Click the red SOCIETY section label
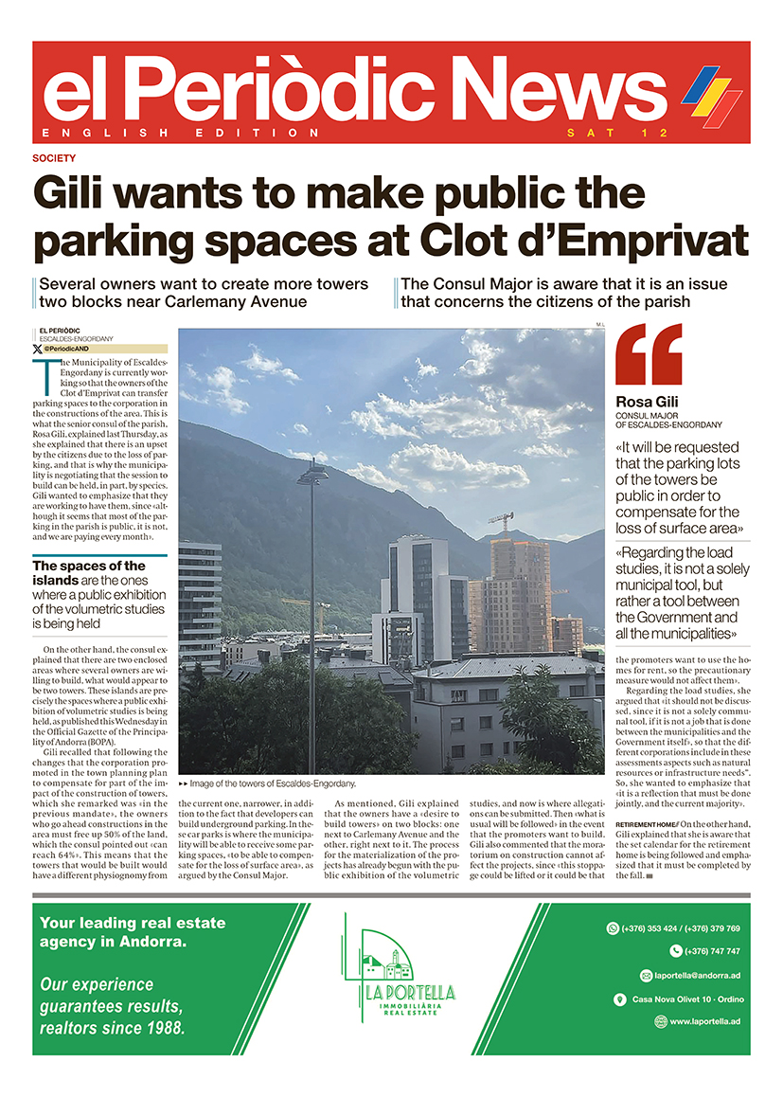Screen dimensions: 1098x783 53,158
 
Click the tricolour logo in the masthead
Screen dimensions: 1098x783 711,95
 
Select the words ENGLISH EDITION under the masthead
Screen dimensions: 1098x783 181,133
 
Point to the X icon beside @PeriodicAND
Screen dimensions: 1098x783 38,349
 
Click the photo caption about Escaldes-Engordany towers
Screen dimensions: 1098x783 274,783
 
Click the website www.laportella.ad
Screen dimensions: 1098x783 704,1021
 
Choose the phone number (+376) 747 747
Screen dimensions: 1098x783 713,951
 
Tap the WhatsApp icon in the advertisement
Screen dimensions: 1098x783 613,928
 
